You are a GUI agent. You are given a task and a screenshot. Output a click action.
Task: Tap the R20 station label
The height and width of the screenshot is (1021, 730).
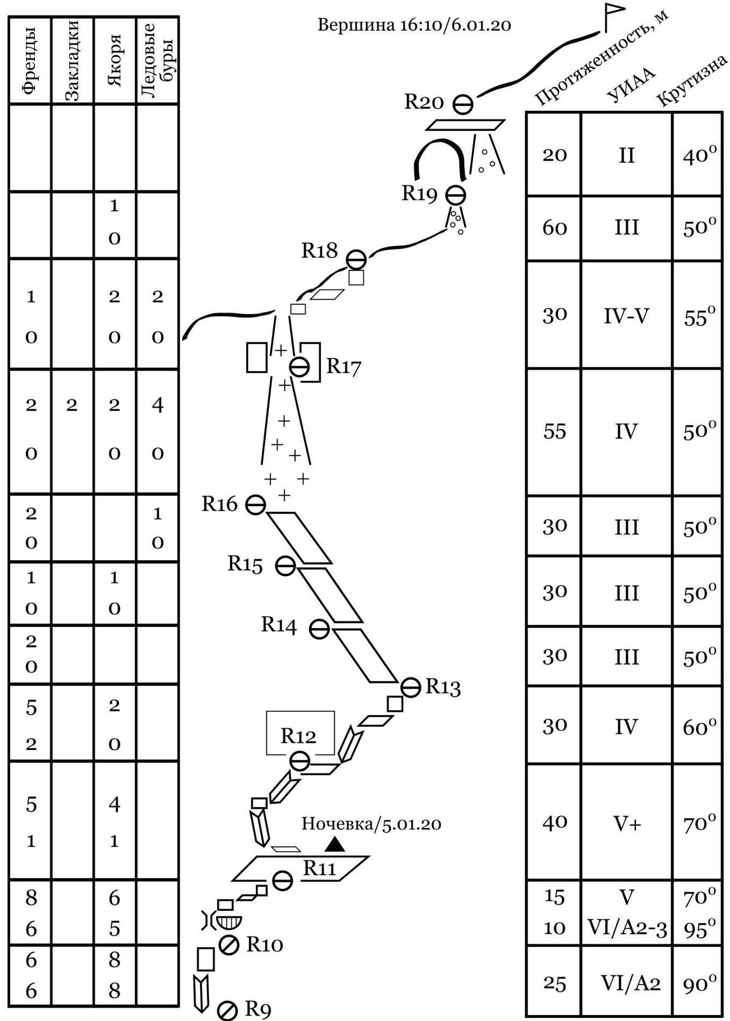coord(424,102)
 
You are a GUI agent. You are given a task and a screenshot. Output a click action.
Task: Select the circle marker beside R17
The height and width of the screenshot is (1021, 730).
coord(299,367)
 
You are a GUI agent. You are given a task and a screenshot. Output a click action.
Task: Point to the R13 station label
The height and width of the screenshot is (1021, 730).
coord(443,687)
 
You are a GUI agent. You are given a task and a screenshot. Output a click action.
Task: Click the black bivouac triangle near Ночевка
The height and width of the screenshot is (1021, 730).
coord(335,844)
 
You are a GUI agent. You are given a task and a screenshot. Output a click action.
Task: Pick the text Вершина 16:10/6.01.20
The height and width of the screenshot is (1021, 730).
coord(414,25)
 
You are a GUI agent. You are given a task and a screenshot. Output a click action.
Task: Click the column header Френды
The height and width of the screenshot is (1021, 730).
coord(30,60)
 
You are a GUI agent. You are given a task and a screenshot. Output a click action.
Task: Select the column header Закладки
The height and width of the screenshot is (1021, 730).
coord(72,60)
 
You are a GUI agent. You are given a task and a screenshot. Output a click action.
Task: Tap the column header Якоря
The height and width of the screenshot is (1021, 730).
coord(114,60)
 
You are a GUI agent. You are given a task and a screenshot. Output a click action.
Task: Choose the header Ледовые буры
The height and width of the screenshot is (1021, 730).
coord(157,60)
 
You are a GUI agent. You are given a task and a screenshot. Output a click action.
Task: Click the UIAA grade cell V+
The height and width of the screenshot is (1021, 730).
coord(627,823)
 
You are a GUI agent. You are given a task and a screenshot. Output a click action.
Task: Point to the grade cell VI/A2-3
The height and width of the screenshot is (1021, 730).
coord(627,928)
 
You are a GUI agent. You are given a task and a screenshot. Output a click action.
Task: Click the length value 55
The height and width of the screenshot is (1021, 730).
coord(554,431)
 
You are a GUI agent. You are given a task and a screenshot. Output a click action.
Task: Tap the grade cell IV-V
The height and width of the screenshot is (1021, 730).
coord(627,316)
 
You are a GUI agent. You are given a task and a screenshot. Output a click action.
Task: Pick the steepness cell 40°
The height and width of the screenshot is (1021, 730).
coord(699,155)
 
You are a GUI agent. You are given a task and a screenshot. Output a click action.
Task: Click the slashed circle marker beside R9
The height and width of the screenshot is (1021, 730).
coord(228,1010)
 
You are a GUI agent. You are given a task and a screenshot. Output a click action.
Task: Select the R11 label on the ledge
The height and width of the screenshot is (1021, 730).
coord(319,868)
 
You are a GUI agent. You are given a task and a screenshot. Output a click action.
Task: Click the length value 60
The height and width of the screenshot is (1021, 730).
coord(554,228)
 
